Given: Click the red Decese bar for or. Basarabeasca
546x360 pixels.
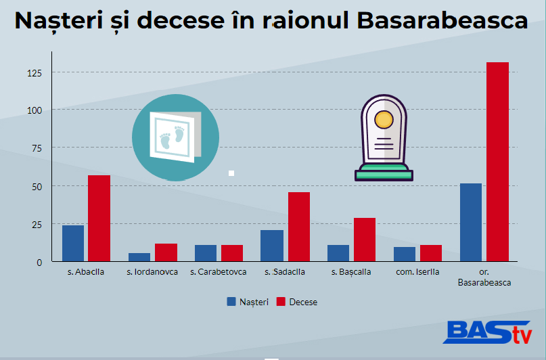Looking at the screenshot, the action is coord(497,162).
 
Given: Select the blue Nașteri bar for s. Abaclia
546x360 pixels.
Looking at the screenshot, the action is coord(73,243).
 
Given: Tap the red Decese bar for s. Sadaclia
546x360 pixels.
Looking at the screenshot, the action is coord(299,227).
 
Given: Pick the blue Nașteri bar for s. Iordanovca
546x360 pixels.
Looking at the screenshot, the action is coord(139,257).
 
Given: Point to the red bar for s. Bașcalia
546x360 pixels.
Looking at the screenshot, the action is coord(365,240).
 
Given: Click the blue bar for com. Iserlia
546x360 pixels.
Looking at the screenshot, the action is coord(405,254).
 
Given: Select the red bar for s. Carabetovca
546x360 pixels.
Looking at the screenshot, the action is coord(232,253).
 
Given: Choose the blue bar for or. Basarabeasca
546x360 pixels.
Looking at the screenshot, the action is coord(471,222).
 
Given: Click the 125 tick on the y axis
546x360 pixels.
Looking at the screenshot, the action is coord(35,73).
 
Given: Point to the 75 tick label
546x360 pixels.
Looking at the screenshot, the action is coord(37,148).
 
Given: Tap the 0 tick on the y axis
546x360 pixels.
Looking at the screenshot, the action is coord(39,263).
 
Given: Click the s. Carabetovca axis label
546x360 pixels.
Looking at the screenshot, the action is coord(219,272).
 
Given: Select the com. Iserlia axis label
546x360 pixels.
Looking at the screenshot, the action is coord(417,272).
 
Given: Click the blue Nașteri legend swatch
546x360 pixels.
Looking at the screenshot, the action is coord(231,302).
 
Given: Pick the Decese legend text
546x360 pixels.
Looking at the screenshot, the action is coord(303,302).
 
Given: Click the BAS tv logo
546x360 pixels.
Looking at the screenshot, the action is coord(488,332).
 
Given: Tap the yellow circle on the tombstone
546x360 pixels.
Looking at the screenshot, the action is coord(384,119).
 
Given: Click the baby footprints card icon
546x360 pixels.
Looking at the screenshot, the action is coord(175,137).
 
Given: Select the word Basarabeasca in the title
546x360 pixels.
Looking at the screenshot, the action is coord(442,20).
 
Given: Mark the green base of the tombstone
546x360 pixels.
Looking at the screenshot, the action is coord(384,173).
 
